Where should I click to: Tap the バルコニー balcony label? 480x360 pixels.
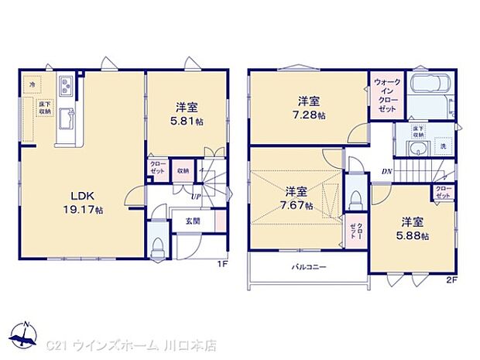click(308, 268)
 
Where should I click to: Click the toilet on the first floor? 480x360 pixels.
click(157, 245)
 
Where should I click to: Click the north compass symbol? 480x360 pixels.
click(26, 334)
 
